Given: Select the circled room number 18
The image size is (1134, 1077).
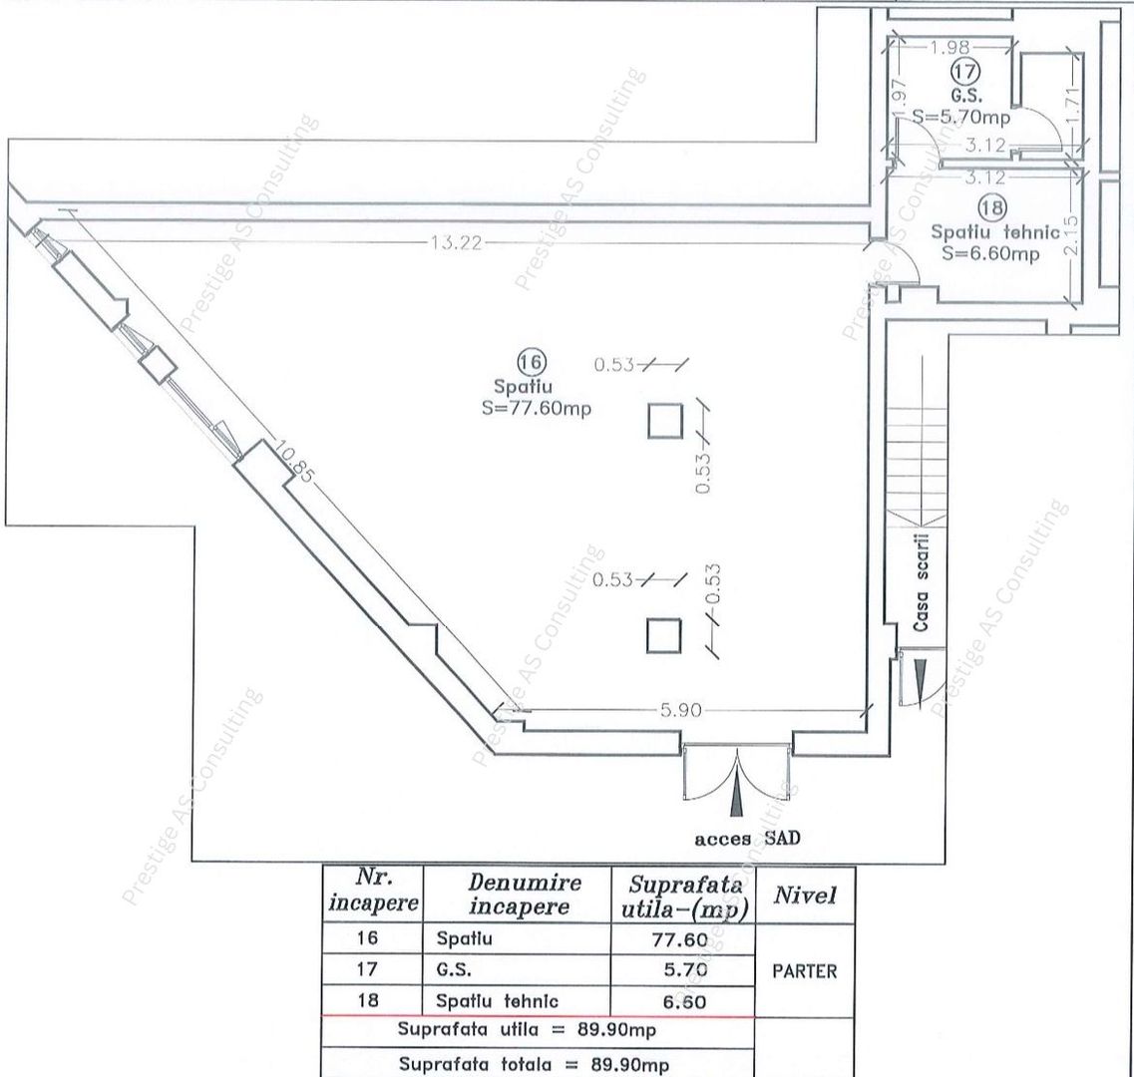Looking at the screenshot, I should [x=992, y=207].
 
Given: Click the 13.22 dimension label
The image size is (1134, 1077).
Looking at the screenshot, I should [x=455, y=244].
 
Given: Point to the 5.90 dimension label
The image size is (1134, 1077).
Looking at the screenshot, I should [x=682, y=711].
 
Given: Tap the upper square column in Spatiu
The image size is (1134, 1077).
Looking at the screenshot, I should [x=664, y=420].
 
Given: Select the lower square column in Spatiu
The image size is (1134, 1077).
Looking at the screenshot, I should [x=663, y=635].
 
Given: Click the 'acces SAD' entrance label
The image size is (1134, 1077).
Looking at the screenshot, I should [x=747, y=839].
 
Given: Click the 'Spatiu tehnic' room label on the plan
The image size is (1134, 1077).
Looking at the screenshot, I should [x=994, y=232].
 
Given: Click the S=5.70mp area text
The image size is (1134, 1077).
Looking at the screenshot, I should [x=961, y=118].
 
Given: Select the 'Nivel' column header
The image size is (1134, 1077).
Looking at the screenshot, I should [x=804, y=896].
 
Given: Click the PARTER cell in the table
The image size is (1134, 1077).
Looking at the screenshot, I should [x=804, y=970].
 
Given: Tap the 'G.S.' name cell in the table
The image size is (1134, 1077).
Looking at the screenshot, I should [x=454, y=969].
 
